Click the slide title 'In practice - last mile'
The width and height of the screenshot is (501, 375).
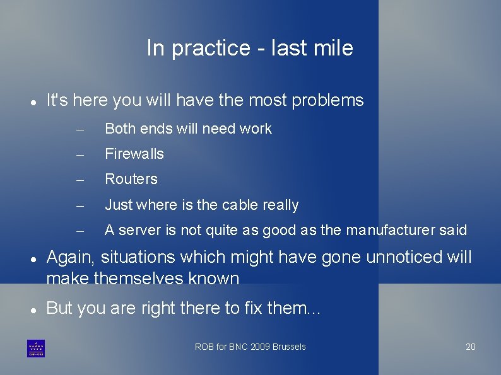(250, 48)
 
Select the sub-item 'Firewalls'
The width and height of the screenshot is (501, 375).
(134, 154)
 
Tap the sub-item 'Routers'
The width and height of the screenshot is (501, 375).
(131, 179)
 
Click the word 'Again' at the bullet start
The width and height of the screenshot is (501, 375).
(70, 258)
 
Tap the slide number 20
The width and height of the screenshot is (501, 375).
(471, 347)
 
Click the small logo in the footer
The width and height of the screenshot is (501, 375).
(36, 348)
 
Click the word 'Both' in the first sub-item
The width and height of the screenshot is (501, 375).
(118, 129)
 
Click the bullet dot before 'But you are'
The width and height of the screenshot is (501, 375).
(32, 309)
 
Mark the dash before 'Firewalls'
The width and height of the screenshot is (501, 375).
(80, 154)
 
